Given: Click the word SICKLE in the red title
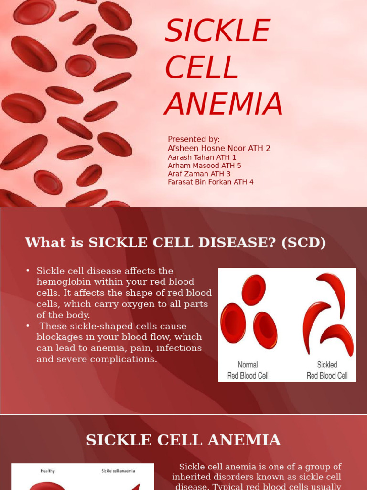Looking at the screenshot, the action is (217, 30).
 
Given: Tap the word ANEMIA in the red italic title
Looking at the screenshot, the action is (224, 104).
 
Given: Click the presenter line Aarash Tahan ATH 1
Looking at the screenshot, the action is (202, 157).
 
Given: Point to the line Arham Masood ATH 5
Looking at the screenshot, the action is (205, 165).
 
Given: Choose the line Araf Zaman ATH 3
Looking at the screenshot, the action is (199, 173).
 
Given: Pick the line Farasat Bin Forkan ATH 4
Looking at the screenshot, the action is (211, 181).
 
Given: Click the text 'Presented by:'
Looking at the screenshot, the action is (194, 139).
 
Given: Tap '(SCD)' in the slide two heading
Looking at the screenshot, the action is (303, 243).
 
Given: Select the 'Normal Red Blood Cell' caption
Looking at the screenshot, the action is (248, 370).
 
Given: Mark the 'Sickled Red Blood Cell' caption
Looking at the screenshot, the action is (327, 370).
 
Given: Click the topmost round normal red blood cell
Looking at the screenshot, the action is (254, 290).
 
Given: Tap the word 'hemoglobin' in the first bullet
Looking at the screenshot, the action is (64, 282).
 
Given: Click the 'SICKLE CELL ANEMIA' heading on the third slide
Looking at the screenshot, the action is (183, 440).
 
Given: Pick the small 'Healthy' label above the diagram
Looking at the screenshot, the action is (48, 471).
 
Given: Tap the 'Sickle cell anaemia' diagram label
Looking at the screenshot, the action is (119, 471).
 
